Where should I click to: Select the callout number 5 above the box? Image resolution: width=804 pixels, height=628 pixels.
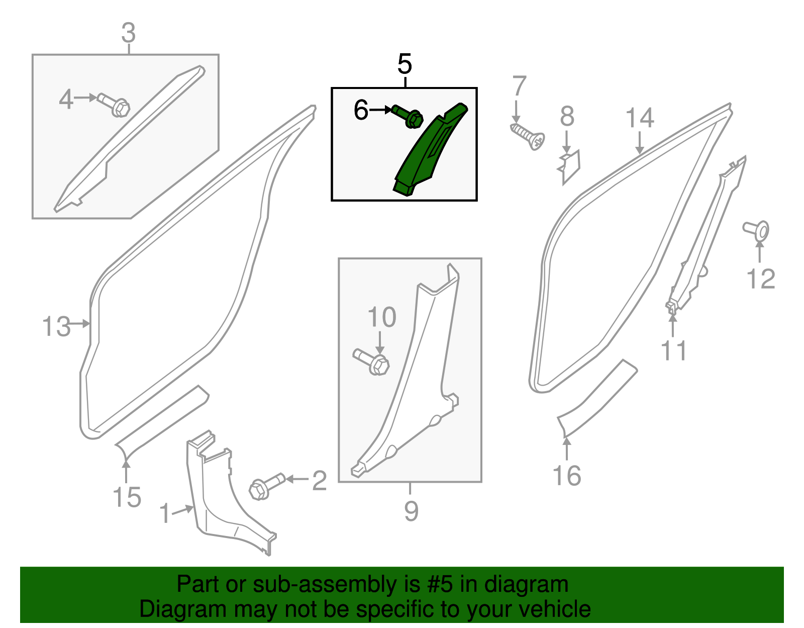(405, 64)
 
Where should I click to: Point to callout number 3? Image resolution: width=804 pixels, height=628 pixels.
(129, 33)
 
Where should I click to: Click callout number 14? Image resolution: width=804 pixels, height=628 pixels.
(640, 118)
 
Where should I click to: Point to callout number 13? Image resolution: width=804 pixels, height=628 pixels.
(56, 327)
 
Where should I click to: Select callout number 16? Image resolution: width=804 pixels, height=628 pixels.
(567, 476)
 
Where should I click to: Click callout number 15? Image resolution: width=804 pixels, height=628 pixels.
(127, 498)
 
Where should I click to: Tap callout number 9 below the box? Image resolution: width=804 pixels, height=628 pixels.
(411, 511)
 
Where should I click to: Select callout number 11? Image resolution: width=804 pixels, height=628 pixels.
(673, 350)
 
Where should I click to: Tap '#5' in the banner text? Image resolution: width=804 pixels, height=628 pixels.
(440, 585)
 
